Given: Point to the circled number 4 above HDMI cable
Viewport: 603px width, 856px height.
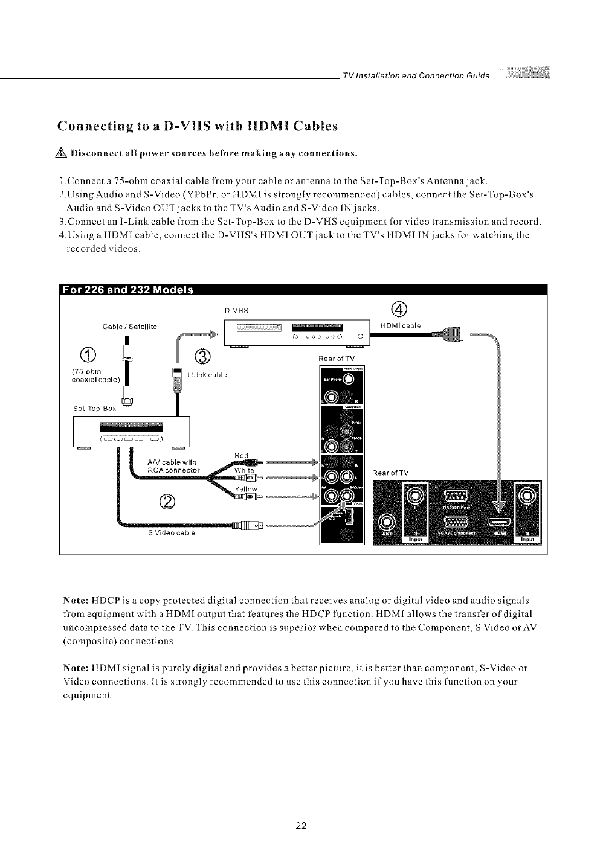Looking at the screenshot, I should (x=399, y=309).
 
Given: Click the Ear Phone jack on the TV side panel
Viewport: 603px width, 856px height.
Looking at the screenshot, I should (x=350, y=380).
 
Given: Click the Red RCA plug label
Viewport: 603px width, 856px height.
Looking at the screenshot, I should (x=241, y=455).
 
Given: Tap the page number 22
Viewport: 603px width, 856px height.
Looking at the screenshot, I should (x=301, y=826).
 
